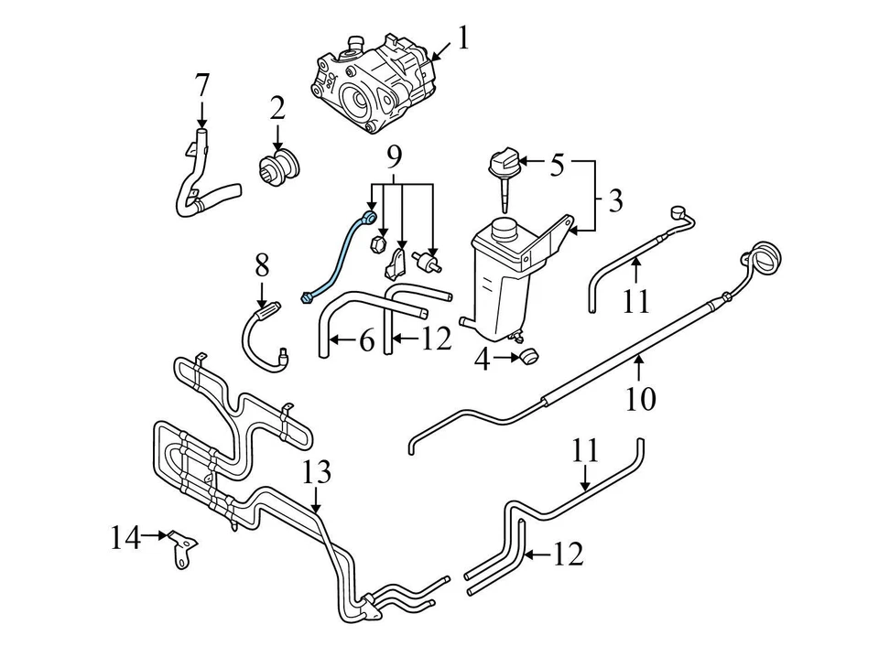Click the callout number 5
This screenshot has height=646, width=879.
[557, 166]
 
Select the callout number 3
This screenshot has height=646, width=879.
[614, 199]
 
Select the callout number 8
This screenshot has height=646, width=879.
[263, 266]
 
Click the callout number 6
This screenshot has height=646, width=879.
[365, 341]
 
